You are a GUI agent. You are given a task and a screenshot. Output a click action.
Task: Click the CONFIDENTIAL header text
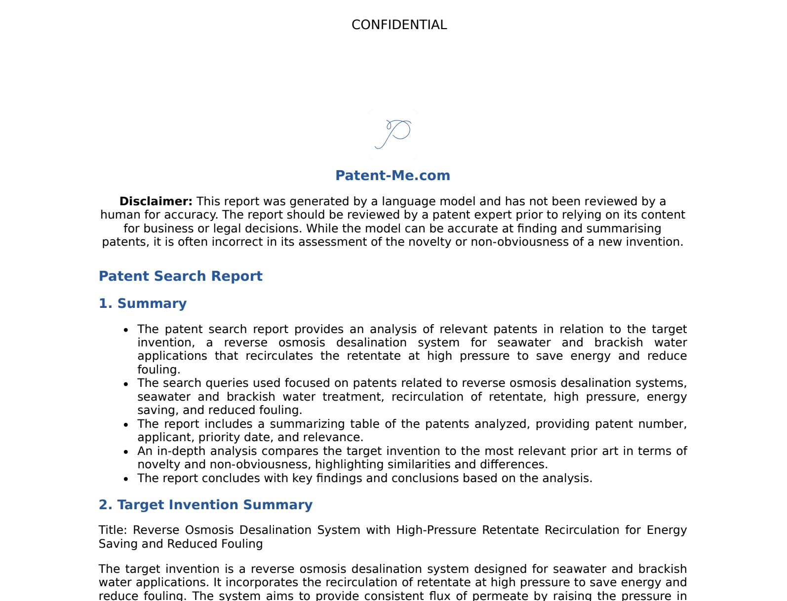click(399, 25)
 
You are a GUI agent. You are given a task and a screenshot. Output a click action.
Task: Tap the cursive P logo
click(393, 134)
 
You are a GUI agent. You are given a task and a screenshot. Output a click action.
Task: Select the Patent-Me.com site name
click(393, 176)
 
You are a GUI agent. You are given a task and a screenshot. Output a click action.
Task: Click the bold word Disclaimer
click(156, 201)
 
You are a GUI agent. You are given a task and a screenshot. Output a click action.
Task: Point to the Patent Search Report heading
click(180, 276)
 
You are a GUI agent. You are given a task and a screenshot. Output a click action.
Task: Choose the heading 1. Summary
click(142, 303)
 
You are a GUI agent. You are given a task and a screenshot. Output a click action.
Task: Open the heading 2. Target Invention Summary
click(205, 505)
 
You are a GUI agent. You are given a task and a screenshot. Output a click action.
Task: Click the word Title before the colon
click(113, 530)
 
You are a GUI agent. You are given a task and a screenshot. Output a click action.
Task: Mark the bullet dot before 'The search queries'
click(126, 384)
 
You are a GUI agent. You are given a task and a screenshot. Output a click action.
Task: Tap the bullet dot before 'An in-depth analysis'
click(126, 451)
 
